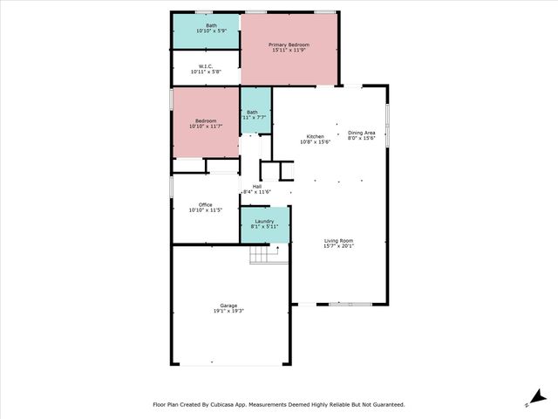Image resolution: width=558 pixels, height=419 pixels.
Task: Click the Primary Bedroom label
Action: [289, 45]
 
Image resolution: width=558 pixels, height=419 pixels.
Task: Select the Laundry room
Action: [265, 225]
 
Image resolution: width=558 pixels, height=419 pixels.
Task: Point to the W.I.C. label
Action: [206, 65]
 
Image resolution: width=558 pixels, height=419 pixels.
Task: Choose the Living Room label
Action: [339, 240]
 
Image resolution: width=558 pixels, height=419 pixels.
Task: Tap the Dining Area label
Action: [361, 132]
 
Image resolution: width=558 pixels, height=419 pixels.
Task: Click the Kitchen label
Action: [315, 136]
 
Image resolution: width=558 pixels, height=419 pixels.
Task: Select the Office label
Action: [206, 205]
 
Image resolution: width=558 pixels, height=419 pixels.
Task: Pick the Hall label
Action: [257, 186]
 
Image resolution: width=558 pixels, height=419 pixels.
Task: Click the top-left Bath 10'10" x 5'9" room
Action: [206, 31]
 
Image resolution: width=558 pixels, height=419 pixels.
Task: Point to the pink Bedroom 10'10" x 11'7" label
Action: [206, 121]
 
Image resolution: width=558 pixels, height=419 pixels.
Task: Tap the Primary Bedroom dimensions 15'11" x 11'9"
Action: [289, 50]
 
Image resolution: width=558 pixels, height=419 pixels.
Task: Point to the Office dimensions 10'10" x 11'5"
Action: [206, 210]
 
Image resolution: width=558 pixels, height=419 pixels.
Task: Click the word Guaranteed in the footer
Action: [385, 404]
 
